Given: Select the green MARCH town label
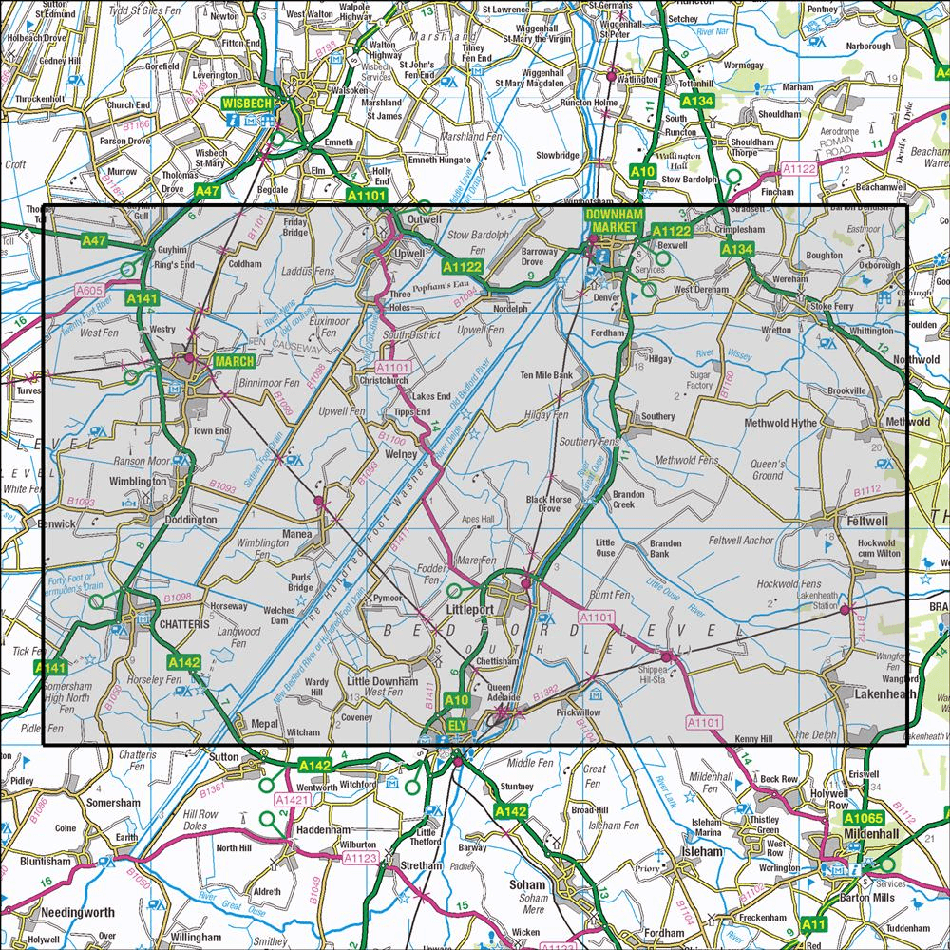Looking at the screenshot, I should (234, 362).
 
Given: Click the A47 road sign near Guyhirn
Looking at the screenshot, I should (94, 241).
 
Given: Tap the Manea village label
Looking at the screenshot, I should (296, 535).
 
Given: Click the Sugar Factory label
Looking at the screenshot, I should (698, 381).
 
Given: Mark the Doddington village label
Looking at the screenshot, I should (193, 521).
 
